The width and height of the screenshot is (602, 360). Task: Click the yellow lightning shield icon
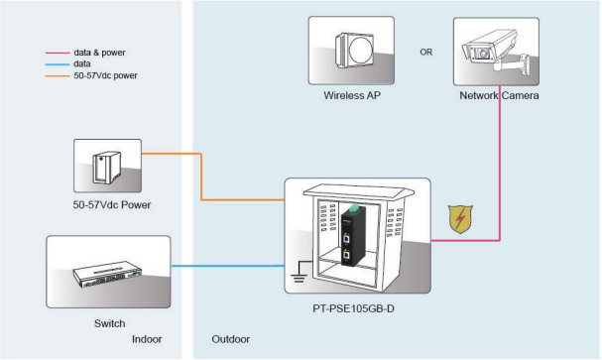(460, 219)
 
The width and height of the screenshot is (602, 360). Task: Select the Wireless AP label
(352, 95)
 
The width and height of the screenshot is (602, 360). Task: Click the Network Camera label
(499, 95)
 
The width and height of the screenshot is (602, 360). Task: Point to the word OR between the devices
(426, 52)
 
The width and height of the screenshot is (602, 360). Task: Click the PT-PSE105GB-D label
(353, 308)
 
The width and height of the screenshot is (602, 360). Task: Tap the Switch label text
(109, 323)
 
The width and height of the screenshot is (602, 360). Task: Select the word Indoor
(147, 339)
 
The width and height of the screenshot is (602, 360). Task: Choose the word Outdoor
(231, 339)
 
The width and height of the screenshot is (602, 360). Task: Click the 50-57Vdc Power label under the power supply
(112, 205)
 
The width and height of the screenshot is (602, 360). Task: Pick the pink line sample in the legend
(58, 53)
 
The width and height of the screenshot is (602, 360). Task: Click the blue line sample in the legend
(58, 64)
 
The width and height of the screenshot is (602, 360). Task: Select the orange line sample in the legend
(58, 76)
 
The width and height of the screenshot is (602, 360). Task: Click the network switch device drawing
(107, 274)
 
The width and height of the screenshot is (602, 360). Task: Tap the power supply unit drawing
(107, 168)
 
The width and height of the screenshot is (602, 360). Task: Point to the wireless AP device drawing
(354, 51)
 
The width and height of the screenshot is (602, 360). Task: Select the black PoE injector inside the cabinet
(351, 236)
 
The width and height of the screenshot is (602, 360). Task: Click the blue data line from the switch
(228, 266)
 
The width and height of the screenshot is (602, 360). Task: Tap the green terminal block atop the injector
(353, 208)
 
